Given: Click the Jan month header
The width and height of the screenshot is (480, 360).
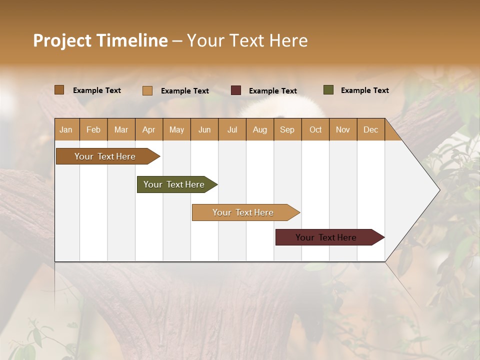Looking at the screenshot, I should point(66,129).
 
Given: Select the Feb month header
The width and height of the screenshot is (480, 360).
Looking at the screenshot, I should point(93,129).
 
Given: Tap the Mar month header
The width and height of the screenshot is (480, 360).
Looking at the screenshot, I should point(121,129).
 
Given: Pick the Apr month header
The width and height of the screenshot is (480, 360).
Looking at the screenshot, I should point(149,129).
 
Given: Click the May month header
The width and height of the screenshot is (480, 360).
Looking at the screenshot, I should point(176,129).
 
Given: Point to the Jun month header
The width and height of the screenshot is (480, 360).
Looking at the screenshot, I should point(204,129).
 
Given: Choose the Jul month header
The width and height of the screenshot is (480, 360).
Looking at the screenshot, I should point(232,129).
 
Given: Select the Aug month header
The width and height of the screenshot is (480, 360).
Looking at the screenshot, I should point(260,129).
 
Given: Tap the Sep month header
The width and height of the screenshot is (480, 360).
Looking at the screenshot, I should point(287,129).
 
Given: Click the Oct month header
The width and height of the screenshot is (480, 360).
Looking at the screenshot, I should point(315,129).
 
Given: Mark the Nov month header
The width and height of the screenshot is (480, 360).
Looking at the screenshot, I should point(343,129).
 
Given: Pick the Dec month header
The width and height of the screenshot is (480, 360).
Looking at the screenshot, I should point(371,129).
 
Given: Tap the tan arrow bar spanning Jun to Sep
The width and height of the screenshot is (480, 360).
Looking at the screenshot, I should point(243,212).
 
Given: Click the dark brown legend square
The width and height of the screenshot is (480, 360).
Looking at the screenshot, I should point(59,90).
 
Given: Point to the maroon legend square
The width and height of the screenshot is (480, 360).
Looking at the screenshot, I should point(236,90).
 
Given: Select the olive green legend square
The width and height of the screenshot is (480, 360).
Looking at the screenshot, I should point(328,90).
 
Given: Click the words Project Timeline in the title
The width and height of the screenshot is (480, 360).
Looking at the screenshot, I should point(100,40).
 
